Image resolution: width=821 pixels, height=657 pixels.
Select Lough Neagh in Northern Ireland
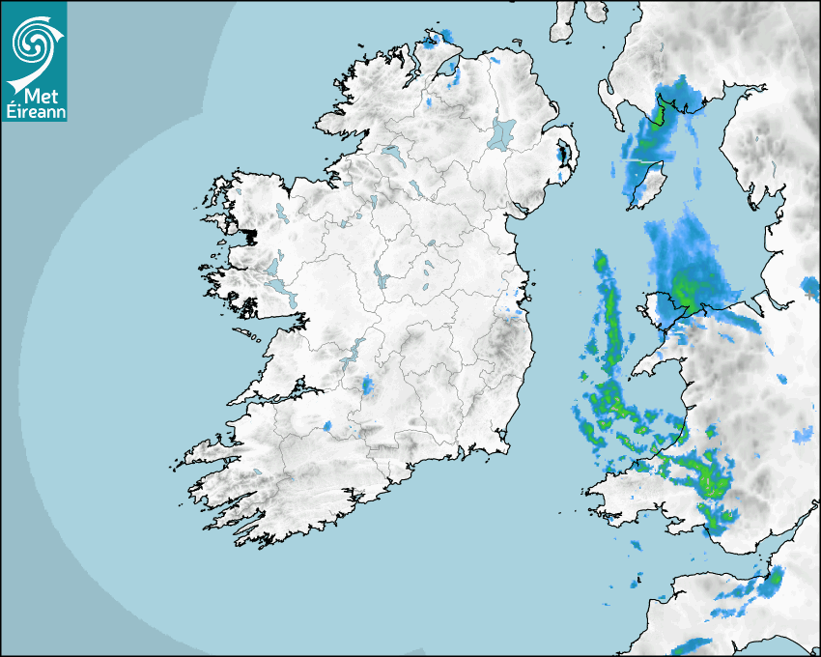pyautogui.click(x=502, y=133)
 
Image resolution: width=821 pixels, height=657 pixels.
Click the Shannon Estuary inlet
pyautogui.click(x=275, y=396)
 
